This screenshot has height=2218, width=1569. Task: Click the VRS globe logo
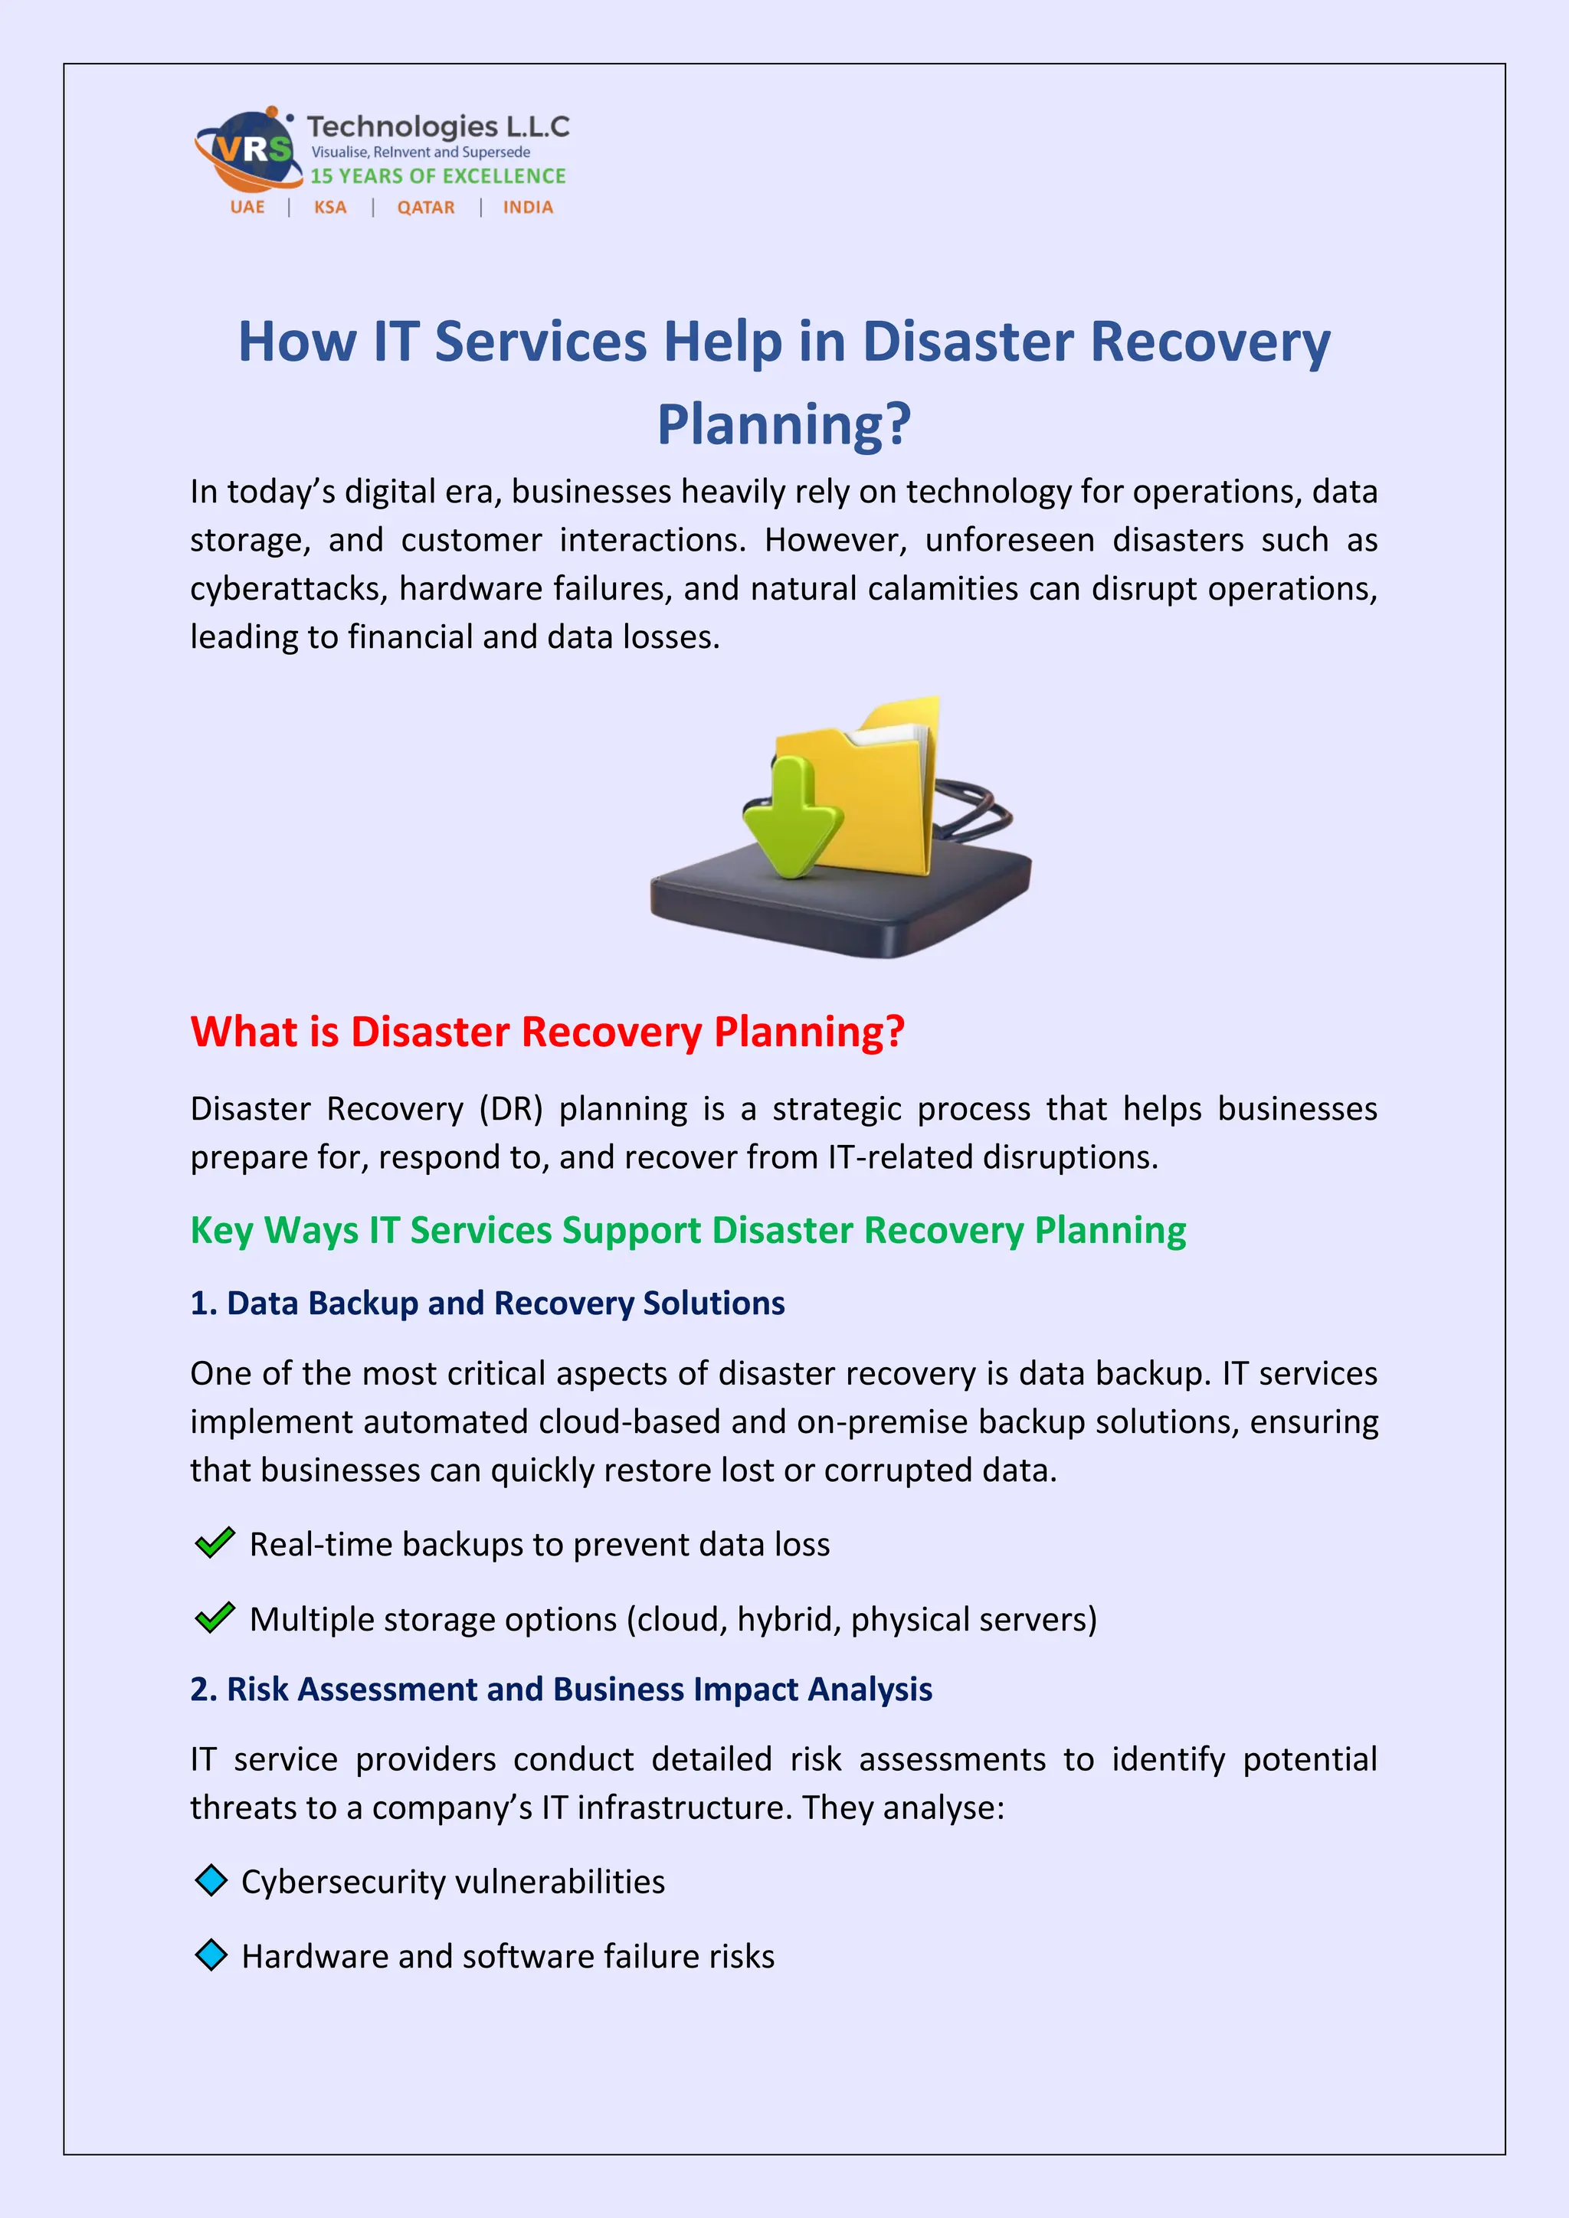(x=247, y=150)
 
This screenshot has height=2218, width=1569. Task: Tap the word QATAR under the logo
(x=425, y=208)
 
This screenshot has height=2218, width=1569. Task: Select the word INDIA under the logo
(x=528, y=208)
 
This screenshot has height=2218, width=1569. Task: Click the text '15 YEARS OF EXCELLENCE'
(x=437, y=176)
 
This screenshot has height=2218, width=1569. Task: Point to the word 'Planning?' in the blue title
(x=784, y=424)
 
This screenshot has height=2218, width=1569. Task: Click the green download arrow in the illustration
(x=793, y=816)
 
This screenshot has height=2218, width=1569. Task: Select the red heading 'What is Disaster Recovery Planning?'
(x=547, y=1032)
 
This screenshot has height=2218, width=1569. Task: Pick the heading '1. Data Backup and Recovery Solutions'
(x=487, y=1304)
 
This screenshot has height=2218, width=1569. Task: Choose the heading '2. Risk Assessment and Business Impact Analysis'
(x=560, y=1689)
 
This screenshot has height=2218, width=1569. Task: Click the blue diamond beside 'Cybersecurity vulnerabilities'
(x=211, y=1881)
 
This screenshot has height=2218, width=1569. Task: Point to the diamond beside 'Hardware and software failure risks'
(x=211, y=1955)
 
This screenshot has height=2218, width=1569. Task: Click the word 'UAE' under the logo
(x=247, y=208)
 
